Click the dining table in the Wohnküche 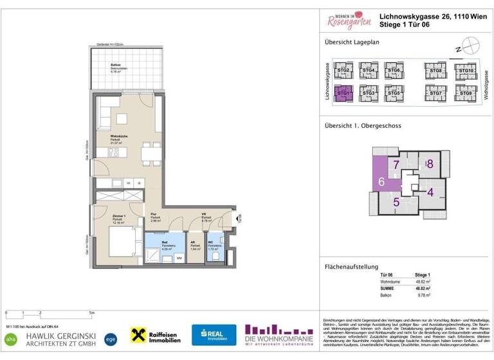[151, 152]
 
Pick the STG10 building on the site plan [465, 71]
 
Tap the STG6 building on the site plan [394, 71]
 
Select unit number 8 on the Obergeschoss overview [430, 165]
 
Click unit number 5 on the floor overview [396, 203]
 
